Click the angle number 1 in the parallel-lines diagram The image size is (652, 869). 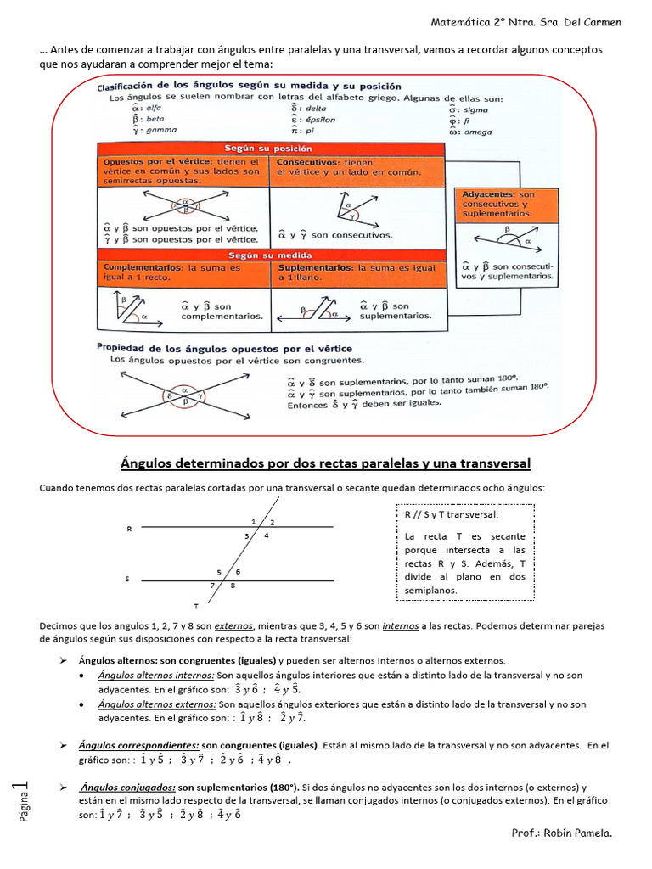point(253,520)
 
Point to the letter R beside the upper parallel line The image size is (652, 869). point(129,529)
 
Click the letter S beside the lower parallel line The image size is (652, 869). point(127,580)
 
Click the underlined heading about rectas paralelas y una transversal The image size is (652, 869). point(326,463)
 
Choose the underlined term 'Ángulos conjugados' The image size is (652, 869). point(127,788)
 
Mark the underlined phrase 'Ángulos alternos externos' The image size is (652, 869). point(157,704)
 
